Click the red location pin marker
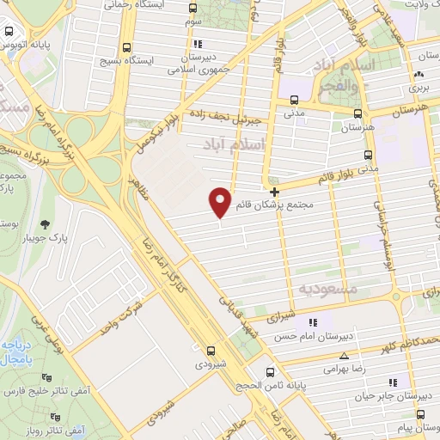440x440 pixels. [221, 202]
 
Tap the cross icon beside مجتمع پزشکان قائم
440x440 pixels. [274, 192]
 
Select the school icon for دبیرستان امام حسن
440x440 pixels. [313, 322]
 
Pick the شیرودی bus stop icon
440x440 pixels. [211, 350]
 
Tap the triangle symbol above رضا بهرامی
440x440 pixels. [345, 355]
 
